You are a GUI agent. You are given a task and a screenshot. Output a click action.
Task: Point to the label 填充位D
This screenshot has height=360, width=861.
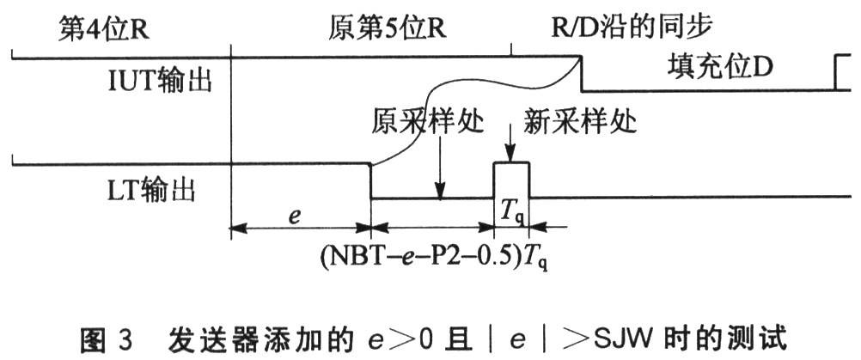719,67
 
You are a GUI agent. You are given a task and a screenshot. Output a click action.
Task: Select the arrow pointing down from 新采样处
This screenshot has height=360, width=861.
510,146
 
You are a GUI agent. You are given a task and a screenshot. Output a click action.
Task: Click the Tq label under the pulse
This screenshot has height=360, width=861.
510,210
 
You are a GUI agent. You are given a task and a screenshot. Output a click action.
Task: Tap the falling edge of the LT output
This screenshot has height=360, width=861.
370,180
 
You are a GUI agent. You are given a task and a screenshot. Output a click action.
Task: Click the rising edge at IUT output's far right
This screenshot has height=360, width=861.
839,74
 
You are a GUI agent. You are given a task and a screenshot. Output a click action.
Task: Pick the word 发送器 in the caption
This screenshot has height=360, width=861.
213,338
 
